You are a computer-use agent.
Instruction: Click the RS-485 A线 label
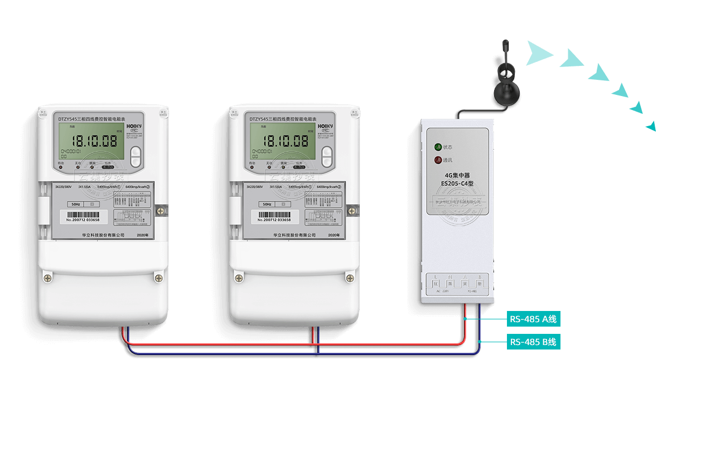[533, 319]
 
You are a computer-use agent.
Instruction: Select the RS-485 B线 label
[533, 342]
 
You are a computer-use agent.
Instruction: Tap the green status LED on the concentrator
[438, 147]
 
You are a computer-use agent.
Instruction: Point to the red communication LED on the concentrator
[438, 160]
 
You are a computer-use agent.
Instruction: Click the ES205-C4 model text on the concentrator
[457, 183]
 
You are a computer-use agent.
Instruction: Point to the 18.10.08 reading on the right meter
[287, 140]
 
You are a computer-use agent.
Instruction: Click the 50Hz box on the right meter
[267, 204]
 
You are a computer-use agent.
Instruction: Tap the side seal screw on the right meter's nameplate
[352, 210]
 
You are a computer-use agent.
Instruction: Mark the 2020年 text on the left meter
[143, 236]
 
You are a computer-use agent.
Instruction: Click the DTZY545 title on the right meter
[283, 119]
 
